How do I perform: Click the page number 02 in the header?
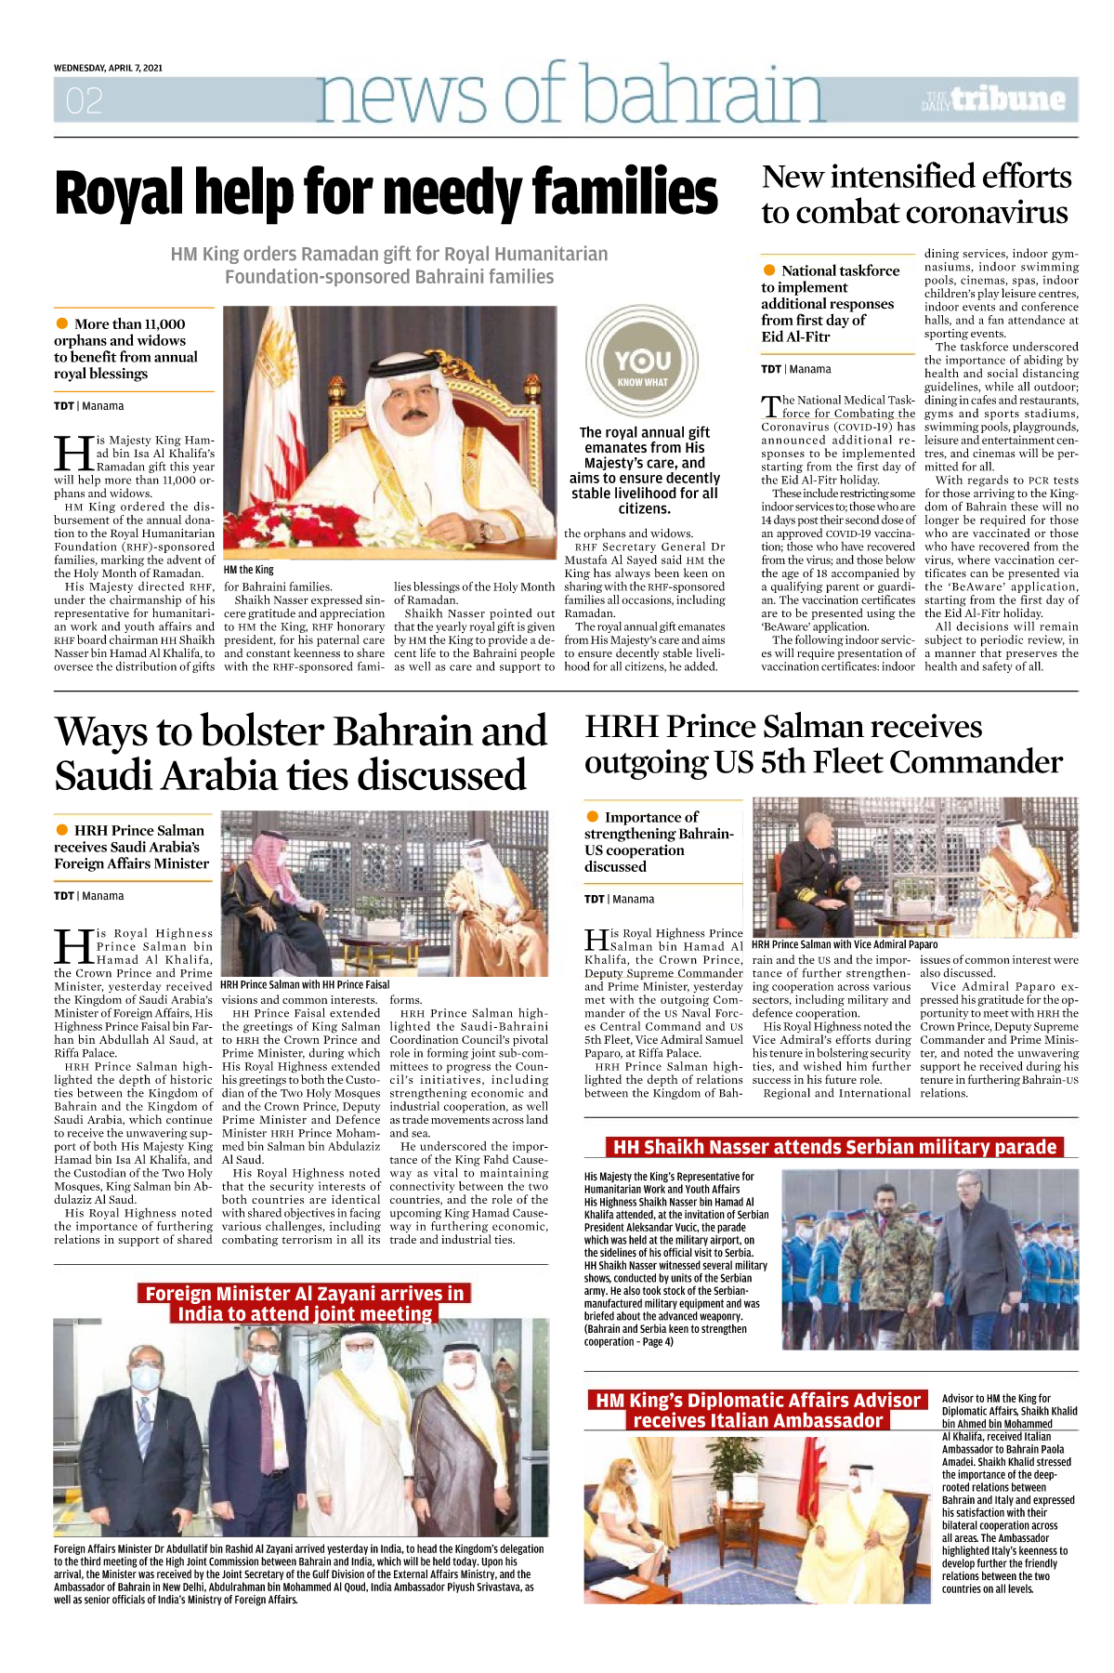coord(85,100)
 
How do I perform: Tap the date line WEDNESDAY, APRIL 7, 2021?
coord(108,68)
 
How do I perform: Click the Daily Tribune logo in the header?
coord(994,99)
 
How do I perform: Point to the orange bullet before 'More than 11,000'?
coord(62,323)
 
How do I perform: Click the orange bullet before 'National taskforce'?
coord(769,270)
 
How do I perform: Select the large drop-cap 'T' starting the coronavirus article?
coord(769,407)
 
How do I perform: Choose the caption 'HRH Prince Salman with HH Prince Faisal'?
coord(305,984)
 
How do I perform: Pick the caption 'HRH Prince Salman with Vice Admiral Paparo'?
coord(845,944)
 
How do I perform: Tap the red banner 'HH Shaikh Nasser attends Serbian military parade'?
coord(834,1147)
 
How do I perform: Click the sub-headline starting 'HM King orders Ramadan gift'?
coord(388,265)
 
